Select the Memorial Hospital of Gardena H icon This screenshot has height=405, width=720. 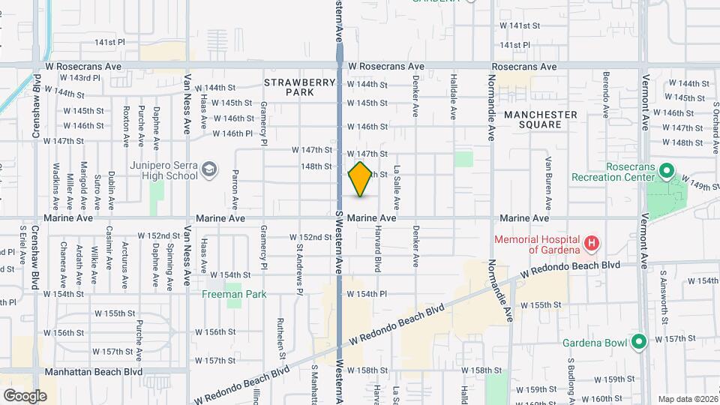(x=592, y=243)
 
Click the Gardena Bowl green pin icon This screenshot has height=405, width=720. (x=639, y=343)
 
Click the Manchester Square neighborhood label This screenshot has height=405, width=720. (x=540, y=120)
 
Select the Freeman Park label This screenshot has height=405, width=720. (x=234, y=295)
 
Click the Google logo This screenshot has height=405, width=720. (x=25, y=395)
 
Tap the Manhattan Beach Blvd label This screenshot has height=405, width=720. (x=94, y=371)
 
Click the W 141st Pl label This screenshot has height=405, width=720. (x=109, y=43)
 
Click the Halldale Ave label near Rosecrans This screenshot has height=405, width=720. (x=453, y=97)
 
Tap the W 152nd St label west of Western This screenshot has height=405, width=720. (x=311, y=237)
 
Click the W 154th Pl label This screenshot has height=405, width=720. (x=367, y=295)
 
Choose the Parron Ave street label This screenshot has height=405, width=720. (x=235, y=190)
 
